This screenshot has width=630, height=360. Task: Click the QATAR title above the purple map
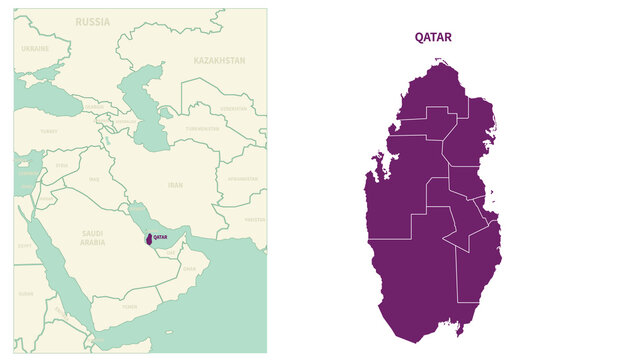tap(433, 37)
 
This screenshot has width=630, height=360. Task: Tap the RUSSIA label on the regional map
tap(93, 21)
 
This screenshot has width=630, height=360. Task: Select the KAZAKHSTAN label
tap(219, 60)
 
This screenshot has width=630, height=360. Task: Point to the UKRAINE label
tap(35, 48)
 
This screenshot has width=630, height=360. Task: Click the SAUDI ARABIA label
tap(92, 238)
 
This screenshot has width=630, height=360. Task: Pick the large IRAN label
tap(175, 185)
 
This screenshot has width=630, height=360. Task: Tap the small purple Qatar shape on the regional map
tap(148, 240)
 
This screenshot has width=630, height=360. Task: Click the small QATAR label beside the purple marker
tap(160, 238)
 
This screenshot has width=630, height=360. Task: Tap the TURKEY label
tap(49, 131)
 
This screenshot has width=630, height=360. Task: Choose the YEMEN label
tap(129, 308)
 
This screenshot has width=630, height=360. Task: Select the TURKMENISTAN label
tap(202, 129)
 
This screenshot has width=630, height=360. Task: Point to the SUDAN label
tap(26, 294)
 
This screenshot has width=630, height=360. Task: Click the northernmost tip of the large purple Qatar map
tap(441, 61)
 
